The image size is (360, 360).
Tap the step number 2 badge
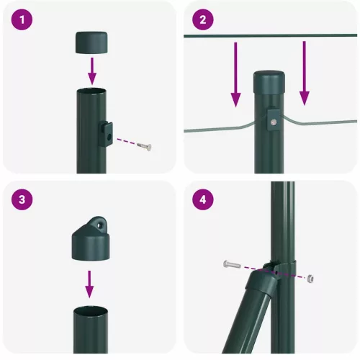pos(203,21)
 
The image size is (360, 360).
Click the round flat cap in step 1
pos(91,41)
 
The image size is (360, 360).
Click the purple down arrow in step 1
pos(91,70)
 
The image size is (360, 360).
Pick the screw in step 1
pos(145,146)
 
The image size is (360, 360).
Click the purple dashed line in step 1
pos(125,141)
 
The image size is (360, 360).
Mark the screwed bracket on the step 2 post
pos(274,120)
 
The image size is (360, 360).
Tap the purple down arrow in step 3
pos(90,282)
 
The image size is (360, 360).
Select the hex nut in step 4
pos(310,277)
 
